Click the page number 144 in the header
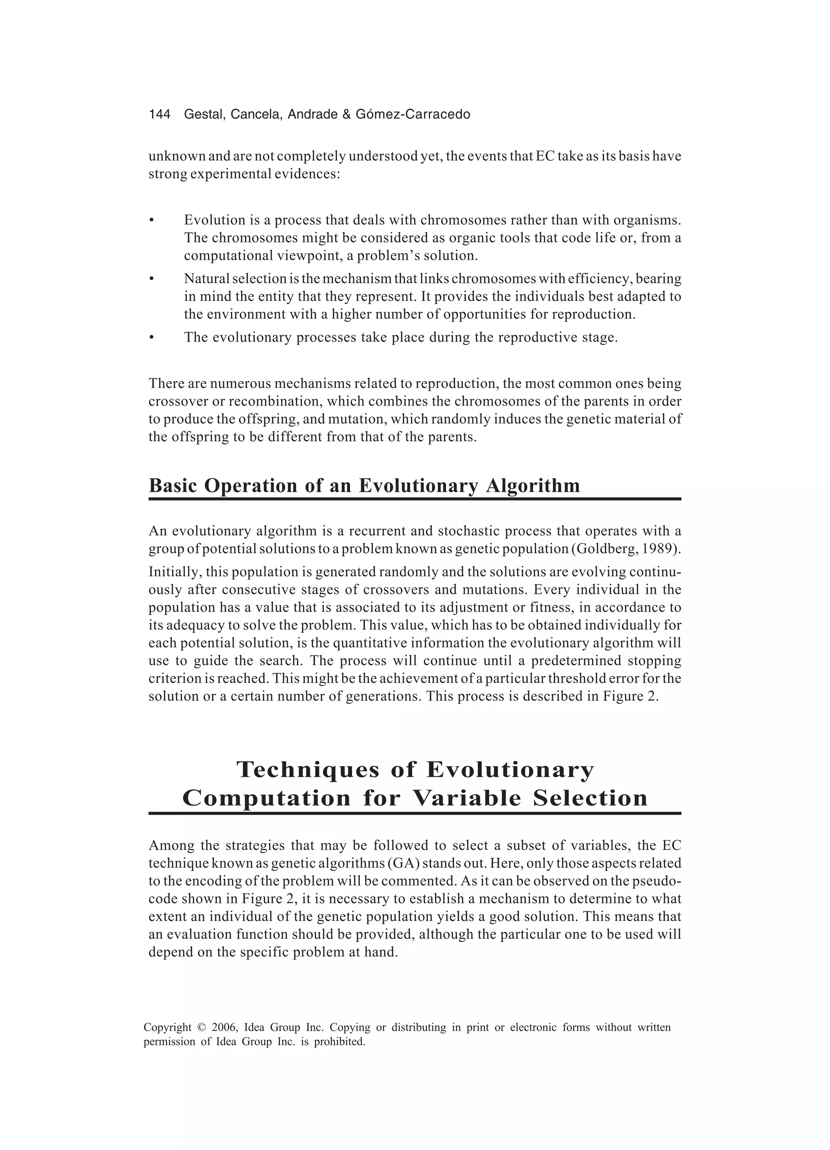(x=159, y=115)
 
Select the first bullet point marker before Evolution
(x=151, y=221)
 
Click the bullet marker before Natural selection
(x=151, y=279)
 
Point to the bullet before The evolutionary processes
(x=151, y=338)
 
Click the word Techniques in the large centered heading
(x=308, y=770)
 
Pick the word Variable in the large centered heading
(x=467, y=798)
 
